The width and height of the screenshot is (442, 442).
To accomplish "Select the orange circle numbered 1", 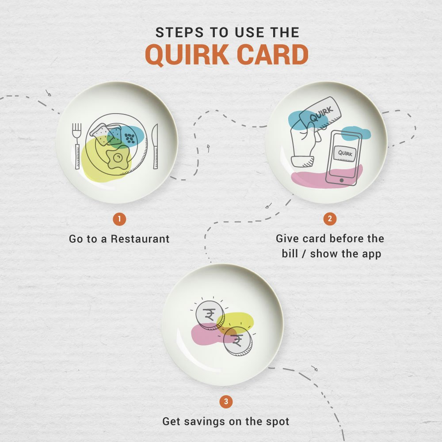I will point(119,218).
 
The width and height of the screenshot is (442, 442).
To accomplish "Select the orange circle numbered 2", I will point(329,218).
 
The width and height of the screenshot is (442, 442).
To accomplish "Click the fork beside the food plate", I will point(77,145).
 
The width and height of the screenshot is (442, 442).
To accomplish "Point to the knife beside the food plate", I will point(155,146).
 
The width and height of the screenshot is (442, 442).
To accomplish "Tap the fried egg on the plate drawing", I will point(118,158).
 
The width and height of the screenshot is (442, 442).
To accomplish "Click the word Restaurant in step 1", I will point(140,239).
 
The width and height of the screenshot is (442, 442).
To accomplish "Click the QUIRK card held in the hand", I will point(319,116).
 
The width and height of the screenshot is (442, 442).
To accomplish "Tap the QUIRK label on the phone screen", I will point(345,152).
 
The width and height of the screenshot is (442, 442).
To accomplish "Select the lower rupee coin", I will point(236,342).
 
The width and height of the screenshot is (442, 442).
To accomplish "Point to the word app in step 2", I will point(370,254).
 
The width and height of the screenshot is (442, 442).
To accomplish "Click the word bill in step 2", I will point(292,254).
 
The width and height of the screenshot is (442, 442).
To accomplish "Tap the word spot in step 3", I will point(278,421).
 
